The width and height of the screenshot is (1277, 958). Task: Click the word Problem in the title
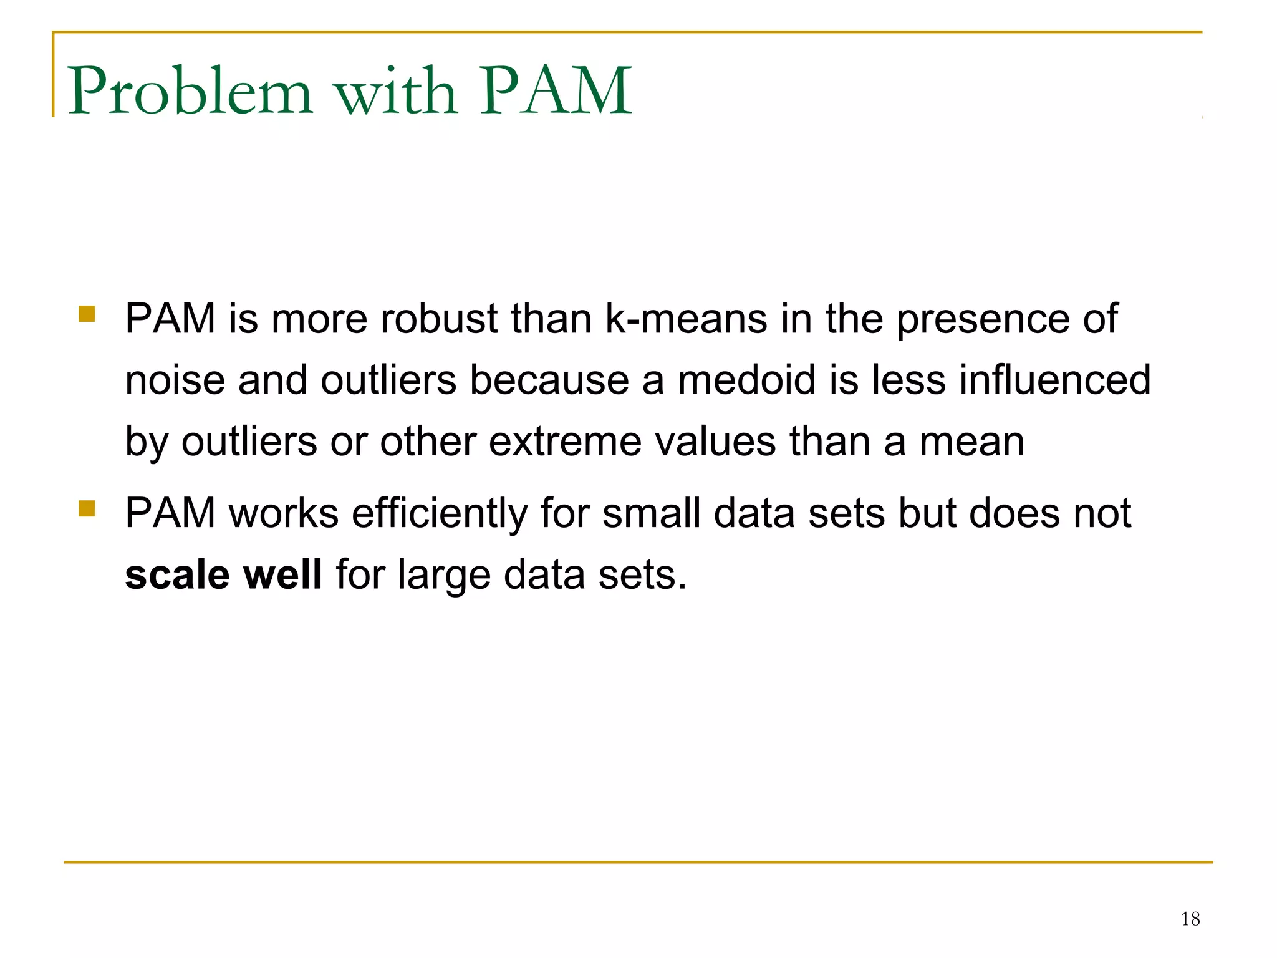tap(190, 91)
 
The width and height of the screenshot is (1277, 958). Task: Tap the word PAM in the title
tap(556, 91)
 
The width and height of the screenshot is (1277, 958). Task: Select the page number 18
tap(1190, 919)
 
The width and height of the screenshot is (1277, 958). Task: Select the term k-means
tap(686, 319)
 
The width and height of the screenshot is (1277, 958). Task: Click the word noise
tap(175, 380)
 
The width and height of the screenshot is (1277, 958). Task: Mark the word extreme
tap(565, 442)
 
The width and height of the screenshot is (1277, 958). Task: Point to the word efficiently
tap(440, 514)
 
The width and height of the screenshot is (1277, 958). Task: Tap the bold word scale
tap(177, 574)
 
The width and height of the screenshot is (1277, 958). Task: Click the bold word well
tap(282, 574)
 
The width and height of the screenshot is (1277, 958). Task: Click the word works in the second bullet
tap(284, 513)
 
